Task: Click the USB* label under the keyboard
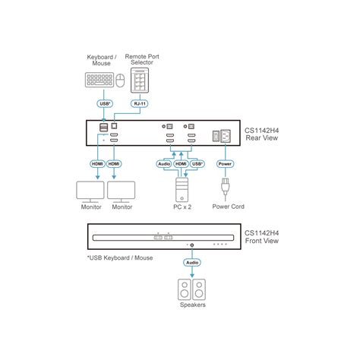coord(106,105)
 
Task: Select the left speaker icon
coord(183,289)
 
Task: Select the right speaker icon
coord(199,289)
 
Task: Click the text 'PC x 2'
coord(182,207)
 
